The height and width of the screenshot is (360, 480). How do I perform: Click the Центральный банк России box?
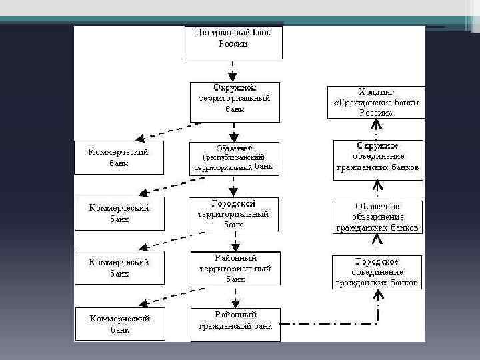pos(233,41)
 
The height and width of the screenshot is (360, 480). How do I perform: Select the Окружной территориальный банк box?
pos(235,101)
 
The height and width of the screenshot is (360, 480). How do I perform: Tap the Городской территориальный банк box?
pos(233,214)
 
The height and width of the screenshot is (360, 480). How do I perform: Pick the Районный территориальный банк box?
pos(235,269)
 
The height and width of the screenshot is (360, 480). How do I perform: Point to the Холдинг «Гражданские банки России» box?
pos(375,102)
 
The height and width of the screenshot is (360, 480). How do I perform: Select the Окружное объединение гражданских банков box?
pos(378,159)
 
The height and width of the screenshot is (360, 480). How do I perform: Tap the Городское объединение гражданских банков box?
pos(377,272)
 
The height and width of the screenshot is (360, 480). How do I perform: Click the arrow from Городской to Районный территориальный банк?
pos(233,241)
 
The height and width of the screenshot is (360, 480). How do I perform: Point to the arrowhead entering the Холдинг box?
pos(377,125)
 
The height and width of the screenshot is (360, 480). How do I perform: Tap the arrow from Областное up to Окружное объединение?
pos(377,190)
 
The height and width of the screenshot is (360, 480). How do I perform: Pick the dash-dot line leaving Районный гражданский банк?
pos(327,325)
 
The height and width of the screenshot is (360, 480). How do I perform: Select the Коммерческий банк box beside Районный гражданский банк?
pos(119,323)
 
